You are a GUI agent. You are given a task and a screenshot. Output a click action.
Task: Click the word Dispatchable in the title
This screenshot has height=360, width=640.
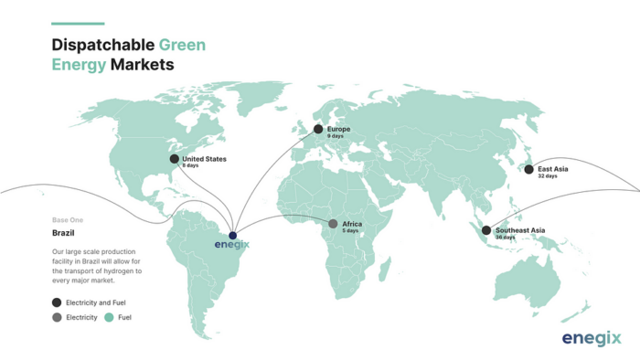103,44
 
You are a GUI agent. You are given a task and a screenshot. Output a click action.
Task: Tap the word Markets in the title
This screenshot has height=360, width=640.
142,65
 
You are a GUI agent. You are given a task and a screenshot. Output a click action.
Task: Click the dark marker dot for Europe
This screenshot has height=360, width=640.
318,129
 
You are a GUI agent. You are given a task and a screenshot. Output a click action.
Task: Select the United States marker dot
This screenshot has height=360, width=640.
175,159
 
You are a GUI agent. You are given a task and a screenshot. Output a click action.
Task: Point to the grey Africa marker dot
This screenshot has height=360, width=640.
333,224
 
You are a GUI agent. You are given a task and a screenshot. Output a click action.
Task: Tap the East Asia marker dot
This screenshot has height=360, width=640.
528,169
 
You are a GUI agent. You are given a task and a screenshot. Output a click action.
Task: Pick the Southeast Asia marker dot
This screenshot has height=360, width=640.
486,230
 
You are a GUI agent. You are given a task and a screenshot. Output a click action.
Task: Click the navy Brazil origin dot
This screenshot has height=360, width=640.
232,235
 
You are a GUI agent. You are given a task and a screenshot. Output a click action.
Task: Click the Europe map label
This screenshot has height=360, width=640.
338,129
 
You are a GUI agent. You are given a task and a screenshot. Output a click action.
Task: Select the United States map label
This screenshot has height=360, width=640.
204,159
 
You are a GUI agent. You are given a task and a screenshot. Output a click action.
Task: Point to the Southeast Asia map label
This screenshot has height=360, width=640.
519,229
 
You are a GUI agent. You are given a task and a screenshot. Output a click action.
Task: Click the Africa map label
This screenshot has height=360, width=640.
352,224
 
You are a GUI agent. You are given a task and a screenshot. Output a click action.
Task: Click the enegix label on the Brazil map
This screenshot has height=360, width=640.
232,245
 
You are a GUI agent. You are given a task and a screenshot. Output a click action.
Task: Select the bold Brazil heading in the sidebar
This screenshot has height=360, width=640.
63,234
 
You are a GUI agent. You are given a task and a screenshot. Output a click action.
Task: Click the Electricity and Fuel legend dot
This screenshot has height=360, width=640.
57,302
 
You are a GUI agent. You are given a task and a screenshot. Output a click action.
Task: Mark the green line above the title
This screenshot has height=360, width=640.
78,24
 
